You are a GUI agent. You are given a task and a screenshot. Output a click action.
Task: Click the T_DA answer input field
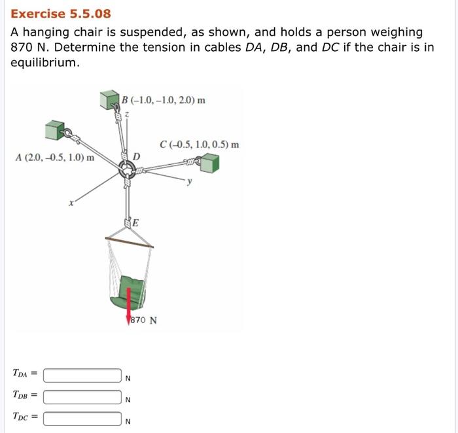(x=82, y=375)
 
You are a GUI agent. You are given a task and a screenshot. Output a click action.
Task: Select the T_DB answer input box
(x=82, y=396)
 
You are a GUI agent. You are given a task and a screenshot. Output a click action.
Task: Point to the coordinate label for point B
(x=164, y=101)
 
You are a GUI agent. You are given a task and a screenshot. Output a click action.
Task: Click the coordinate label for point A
(x=54, y=158)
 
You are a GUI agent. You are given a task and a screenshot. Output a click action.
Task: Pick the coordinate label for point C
(x=199, y=145)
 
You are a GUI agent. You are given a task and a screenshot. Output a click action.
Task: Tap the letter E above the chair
(x=135, y=222)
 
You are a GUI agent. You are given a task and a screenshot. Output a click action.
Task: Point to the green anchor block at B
(x=109, y=100)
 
